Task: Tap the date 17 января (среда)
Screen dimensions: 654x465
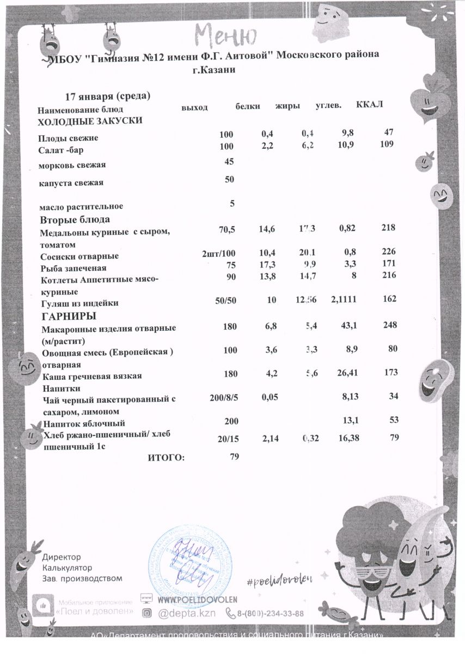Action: tap(107, 96)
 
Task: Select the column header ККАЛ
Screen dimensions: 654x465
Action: tap(370, 105)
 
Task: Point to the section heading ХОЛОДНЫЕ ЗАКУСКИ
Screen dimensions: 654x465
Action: tap(90, 121)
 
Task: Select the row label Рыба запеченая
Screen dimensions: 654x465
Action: tap(74, 268)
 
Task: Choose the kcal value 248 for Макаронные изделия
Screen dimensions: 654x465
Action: tap(390, 325)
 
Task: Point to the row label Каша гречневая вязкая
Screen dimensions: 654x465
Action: tap(92, 376)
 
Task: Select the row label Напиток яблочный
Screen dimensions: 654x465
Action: tap(84, 423)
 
